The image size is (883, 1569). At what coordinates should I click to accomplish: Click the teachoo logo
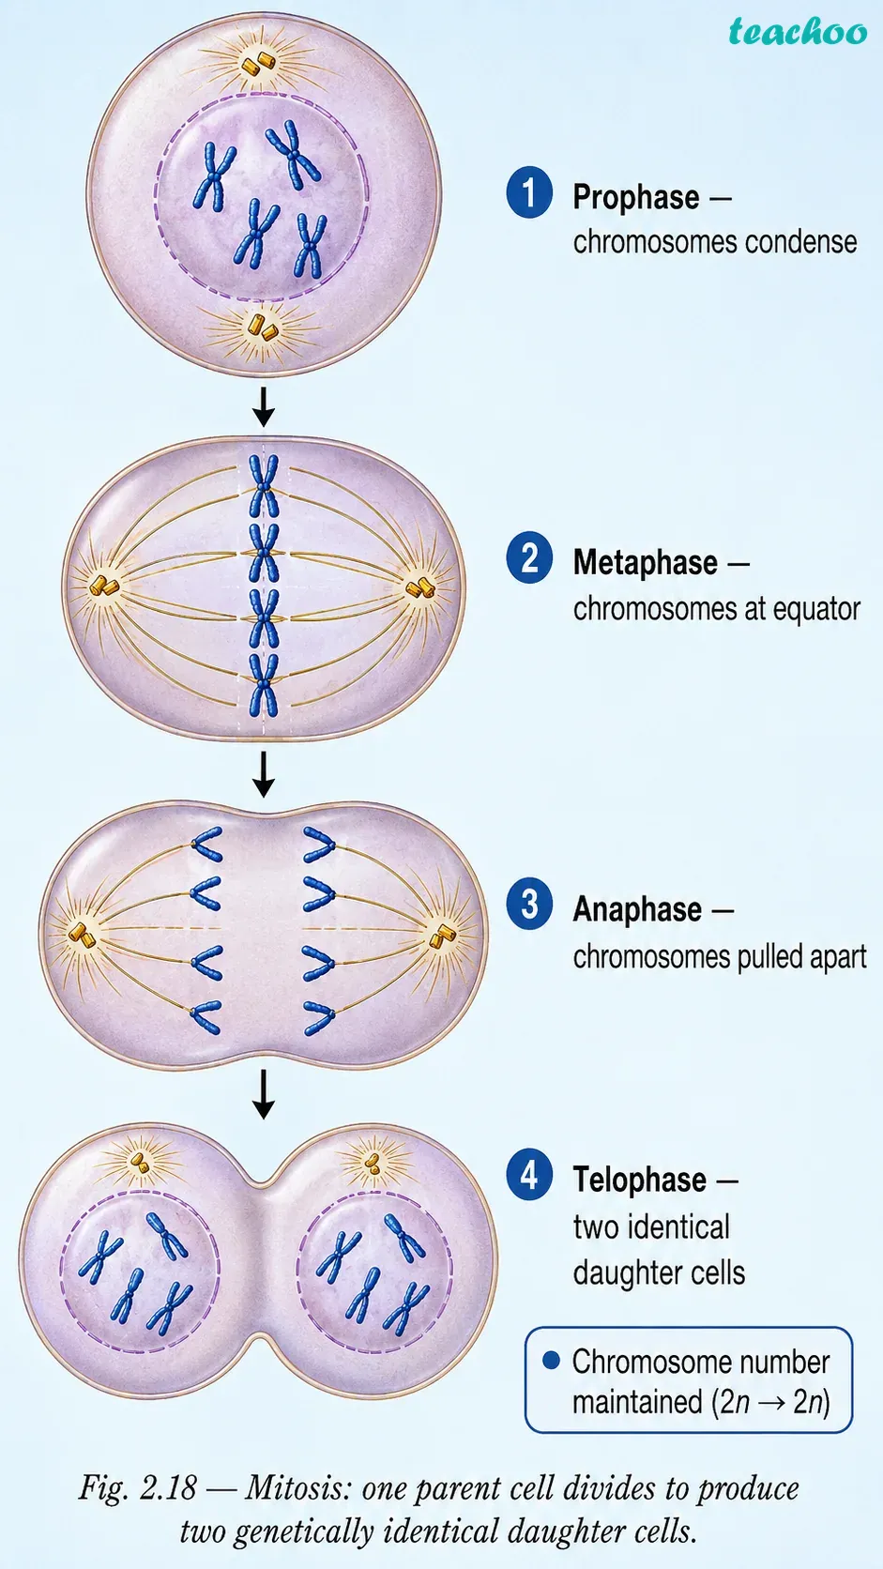798,32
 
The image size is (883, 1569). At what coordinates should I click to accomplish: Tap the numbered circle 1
529,192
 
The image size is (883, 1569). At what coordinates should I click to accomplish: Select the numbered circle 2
529,557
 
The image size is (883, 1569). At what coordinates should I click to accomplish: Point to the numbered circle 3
529,905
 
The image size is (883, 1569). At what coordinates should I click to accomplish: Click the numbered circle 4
529,1175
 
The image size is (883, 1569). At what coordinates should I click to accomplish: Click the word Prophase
636,197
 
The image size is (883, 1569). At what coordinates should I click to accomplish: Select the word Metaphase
645,563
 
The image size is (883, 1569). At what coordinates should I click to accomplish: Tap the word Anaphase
637,910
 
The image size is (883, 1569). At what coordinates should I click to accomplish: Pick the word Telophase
639,1181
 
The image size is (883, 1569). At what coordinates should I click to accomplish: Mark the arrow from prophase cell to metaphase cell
264,406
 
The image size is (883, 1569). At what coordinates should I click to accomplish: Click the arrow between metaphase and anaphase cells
264,774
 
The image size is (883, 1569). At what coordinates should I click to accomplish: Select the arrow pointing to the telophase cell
264,1093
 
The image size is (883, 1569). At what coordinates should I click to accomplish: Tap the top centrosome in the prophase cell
258,63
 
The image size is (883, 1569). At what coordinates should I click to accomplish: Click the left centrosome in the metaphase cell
104,586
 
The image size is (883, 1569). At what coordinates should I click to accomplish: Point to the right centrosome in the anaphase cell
442,936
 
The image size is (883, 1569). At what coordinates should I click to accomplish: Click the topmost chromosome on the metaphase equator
264,485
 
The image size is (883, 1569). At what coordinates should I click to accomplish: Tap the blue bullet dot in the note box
551,1361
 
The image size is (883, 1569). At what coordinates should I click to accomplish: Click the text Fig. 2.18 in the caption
137,1488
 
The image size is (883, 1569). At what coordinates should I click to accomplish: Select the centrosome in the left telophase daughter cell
141,1163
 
